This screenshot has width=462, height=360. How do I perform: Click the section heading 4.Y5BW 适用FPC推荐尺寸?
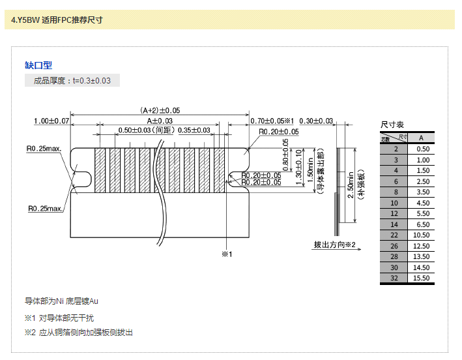point(57,20)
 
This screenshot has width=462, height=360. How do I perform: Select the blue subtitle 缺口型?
point(38,65)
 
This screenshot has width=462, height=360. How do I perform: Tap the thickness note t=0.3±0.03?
point(91,81)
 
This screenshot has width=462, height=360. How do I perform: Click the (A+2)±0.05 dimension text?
point(160,111)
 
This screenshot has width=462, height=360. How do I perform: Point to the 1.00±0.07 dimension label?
point(51,121)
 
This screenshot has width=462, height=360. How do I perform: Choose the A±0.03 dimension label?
point(160,121)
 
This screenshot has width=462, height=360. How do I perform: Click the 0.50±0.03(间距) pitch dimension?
point(146,130)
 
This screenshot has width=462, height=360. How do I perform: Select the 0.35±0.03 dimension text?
point(194,130)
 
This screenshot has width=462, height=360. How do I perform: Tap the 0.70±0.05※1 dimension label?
point(273,121)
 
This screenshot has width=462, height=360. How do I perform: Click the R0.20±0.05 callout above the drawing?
point(278,132)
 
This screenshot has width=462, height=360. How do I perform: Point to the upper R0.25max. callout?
point(44,149)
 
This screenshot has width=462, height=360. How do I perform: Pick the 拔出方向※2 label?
point(334,245)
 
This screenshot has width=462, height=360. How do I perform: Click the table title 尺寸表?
point(392,125)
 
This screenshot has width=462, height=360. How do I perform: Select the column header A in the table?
point(422,138)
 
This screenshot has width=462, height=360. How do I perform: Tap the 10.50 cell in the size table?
point(422,235)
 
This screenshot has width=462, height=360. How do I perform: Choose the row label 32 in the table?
point(394,278)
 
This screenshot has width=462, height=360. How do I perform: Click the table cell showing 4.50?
point(422,203)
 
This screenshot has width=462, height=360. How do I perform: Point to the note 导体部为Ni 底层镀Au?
point(61,301)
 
